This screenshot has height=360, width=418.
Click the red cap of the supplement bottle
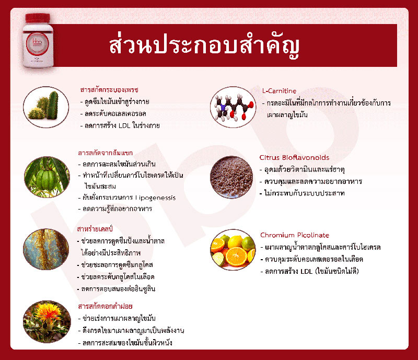[38, 18]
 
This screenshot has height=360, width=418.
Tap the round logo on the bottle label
[37, 44]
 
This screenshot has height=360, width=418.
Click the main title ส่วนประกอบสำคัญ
[204, 46]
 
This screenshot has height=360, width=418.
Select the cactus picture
[46, 107]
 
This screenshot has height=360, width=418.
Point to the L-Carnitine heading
[279, 91]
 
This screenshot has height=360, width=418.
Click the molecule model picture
[233, 107]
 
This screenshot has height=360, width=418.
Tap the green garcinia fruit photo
[47, 177]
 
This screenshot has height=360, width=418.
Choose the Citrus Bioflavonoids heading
[294, 158]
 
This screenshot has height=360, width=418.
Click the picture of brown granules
[231, 177]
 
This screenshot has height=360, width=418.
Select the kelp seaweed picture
[46, 249]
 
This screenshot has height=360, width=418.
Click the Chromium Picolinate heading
[295, 235]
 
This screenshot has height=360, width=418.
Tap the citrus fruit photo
[233, 250]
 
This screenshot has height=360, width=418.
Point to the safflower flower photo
[47, 322]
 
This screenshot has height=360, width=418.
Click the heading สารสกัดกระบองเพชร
[109, 90]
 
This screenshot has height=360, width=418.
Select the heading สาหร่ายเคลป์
[95, 229]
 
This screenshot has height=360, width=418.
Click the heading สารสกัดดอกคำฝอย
[106, 306]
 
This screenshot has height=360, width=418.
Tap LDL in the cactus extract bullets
[124, 125]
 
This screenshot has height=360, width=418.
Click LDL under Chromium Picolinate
[307, 272]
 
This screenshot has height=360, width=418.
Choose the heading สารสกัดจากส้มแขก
[106, 153]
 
